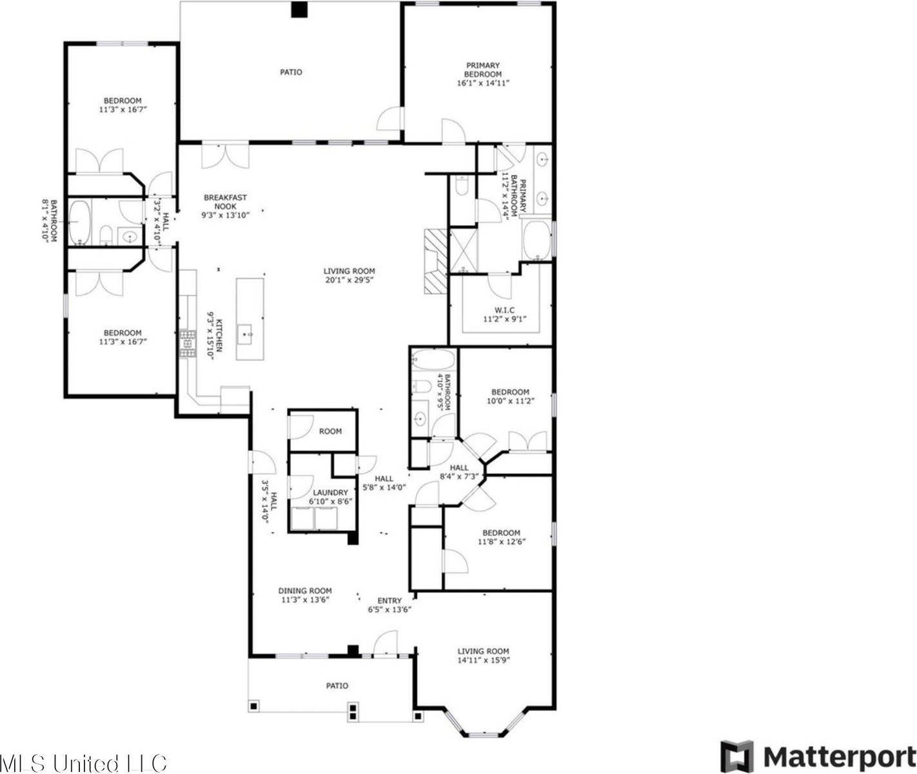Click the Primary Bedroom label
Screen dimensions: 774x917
[483, 70]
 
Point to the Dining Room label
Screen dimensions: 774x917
[305, 590]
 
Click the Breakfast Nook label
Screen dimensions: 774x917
[225, 202]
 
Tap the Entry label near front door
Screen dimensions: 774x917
[389, 600]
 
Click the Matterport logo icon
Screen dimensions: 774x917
[737, 755]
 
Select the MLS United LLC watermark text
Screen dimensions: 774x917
[84, 762]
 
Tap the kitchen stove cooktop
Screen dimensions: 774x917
[187, 344]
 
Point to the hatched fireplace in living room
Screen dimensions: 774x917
[435, 261]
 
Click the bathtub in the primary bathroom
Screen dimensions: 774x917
[537, 240]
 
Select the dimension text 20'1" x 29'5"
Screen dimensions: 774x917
[350, 280]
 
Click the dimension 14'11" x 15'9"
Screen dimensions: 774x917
[483, 660]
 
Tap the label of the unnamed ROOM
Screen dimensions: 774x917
[330, 432]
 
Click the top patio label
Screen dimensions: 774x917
[291, 72]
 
